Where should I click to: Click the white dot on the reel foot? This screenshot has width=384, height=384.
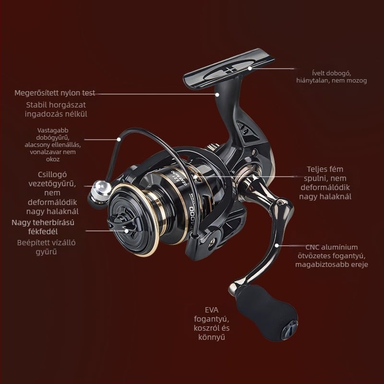(250, 68)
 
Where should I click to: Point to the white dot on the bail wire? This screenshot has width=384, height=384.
(119, 139)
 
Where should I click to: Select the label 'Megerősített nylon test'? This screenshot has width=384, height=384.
(55, 93)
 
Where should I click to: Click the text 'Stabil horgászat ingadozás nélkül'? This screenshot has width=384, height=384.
(56, 109)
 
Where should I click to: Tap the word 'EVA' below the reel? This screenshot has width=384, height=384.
(212, 310)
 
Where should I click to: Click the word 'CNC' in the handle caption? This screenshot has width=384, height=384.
(312, 247)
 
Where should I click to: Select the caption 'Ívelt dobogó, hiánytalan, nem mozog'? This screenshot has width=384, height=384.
(332, 77)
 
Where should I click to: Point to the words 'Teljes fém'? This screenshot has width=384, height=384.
(325, 169)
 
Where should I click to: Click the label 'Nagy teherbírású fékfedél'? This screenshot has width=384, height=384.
(43, 227)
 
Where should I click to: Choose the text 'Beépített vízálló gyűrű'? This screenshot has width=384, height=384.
(46, 247)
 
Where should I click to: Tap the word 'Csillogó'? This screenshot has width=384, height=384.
(52, 174)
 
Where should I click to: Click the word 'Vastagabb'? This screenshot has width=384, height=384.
(53, 130)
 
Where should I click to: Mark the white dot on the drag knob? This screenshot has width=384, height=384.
(126, 231)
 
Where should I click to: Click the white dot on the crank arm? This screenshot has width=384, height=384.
(276, 245)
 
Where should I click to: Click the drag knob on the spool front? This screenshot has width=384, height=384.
(122, 224)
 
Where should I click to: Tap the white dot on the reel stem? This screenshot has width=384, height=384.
(217, 94)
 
